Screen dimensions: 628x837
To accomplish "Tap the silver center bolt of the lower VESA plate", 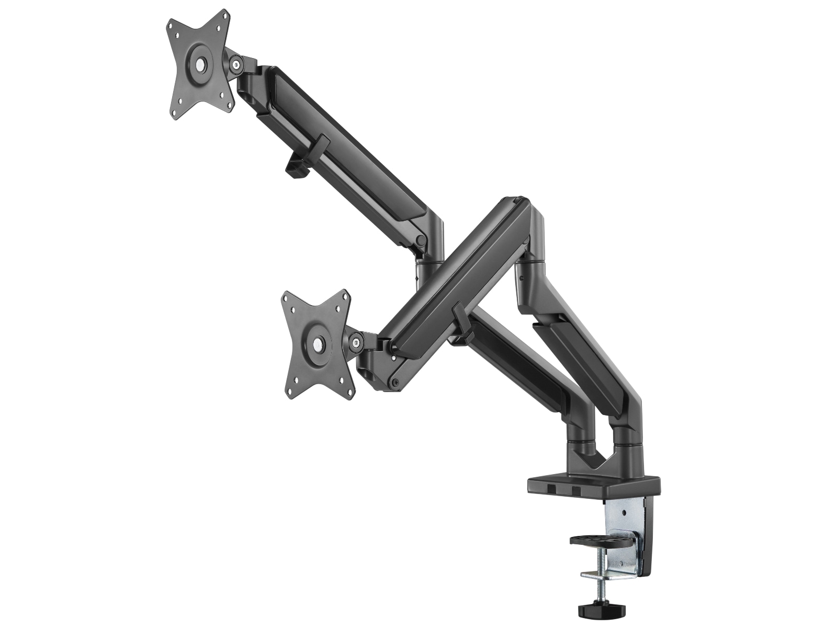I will (318, 345).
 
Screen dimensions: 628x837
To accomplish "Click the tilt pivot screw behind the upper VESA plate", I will (237, 65).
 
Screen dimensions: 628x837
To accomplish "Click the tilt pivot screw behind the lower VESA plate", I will (357, 343).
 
